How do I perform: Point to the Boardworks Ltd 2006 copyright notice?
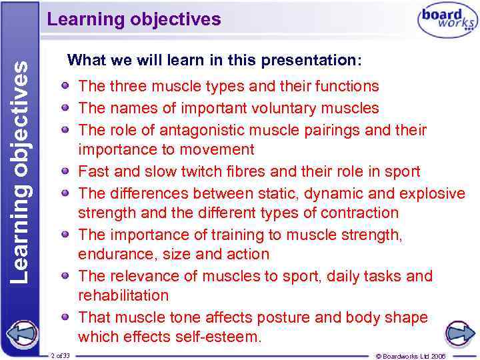pyautogui.click(x=420, y=356)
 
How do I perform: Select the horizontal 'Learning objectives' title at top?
pyautogui.click(x=133, y=19)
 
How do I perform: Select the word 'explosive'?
pyautogui.click(x=432, y=193)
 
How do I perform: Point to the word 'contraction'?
pyautogui.click(x=360, y=213)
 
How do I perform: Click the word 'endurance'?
pyautogui.click(x=111, y=255)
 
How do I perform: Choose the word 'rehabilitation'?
pyautogui.click(x=123, y=295)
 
